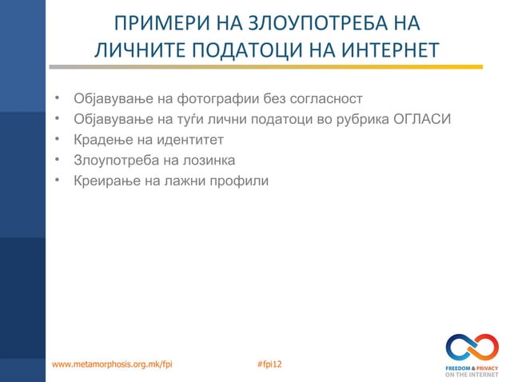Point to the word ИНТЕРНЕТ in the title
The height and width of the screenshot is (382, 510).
coord(384,51)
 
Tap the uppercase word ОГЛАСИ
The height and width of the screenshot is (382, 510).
coord(423,120)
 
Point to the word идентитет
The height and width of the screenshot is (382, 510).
coord(188,140)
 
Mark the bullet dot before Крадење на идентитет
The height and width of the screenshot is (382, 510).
coord(58,139)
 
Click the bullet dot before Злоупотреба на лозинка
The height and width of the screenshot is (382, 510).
coord(58,159)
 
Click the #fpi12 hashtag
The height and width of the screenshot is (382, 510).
coord(270,364)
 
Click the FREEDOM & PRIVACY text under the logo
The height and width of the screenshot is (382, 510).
coord(472,368)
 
